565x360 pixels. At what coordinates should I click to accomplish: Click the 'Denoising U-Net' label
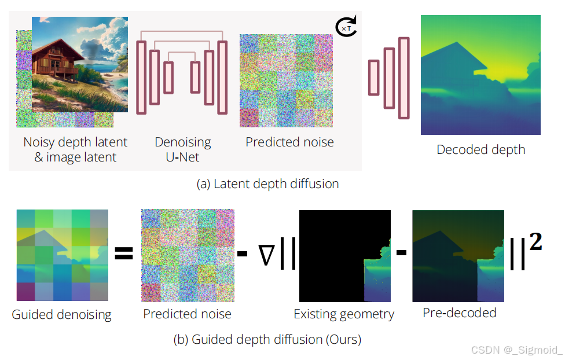point(183,149)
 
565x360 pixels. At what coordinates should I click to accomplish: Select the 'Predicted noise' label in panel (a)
point(289,142)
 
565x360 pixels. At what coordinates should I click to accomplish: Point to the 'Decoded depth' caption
point(480,149)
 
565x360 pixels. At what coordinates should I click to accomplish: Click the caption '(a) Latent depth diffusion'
point(267,184)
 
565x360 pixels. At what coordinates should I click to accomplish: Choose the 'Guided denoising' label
point(61,315)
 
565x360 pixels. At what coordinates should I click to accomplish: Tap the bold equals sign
point(123,254)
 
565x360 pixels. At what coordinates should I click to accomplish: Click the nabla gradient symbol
point(266,256)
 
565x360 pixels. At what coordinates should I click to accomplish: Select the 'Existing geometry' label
point(344,314)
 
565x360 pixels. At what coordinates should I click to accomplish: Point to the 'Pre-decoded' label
point(459,313)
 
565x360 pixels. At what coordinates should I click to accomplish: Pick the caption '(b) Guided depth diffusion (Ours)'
point(267,339)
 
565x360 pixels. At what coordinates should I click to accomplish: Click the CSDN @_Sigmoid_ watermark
point(516,350)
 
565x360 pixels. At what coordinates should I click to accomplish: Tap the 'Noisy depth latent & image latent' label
point(75,149)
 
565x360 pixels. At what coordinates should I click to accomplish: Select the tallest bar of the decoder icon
point(403,78)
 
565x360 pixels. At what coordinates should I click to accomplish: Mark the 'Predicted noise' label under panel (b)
point(187,314)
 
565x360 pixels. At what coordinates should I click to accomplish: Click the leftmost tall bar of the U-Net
point(141,78)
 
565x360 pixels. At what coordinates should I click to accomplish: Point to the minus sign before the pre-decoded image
point(401,254)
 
